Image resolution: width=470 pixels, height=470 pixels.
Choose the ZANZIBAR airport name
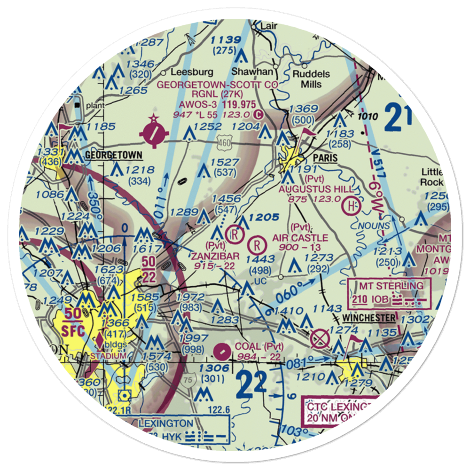coord(215,256)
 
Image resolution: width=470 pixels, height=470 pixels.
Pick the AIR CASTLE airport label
coord(300,238)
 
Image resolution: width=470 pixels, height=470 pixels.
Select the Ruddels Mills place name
coord(311,79)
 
